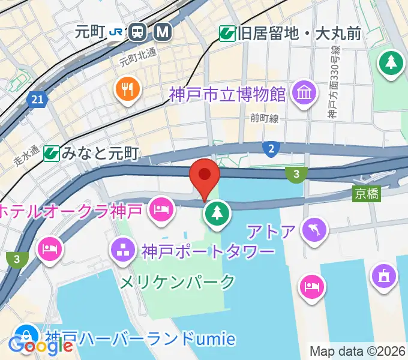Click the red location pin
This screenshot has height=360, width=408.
205,176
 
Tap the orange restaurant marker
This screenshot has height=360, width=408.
127,90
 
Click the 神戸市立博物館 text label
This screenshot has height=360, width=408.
227,94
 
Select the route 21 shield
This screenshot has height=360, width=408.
37,100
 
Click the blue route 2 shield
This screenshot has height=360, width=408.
271,148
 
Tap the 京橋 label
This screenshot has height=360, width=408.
367,193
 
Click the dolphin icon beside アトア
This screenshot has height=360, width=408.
316,230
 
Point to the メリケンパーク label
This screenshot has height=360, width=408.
178,281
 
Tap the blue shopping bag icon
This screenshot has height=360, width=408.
26,336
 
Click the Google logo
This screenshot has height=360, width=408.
34,345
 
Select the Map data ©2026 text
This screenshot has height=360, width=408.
358,351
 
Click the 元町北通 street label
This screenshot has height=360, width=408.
137,57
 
